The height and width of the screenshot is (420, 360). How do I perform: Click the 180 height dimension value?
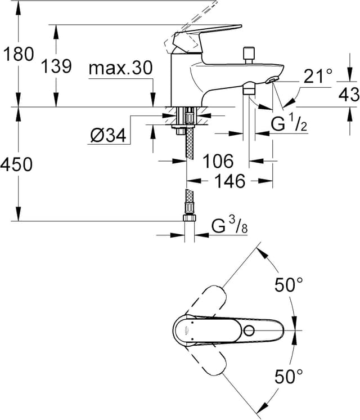pos(18,54)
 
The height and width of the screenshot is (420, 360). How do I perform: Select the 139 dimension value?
pos(56,66)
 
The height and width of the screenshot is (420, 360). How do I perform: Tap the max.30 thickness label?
pos(120,69)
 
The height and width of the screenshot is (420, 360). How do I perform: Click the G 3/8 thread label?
pos(229,226)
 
